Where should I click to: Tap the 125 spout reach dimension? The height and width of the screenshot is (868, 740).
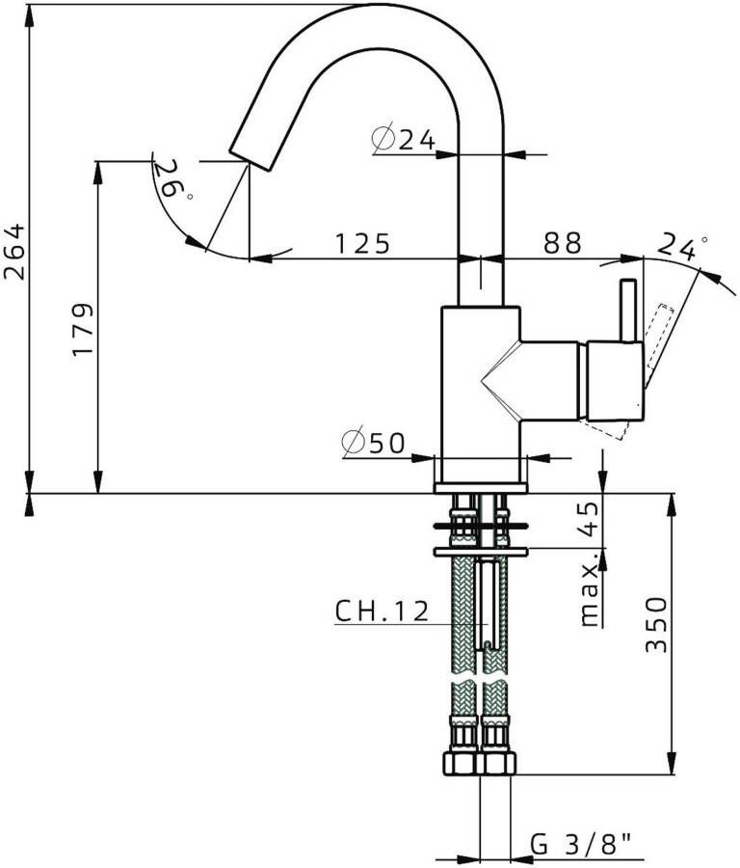[362, 243]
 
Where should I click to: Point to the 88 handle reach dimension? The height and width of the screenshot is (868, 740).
[563, 243]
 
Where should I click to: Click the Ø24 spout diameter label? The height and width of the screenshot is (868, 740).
[403, 140]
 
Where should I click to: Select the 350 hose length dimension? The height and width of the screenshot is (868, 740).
[656, 624]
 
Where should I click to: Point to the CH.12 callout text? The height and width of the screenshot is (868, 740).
[382, 610]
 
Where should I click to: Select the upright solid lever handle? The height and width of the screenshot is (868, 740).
[628, 311]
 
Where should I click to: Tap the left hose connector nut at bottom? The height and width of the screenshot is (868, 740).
[463, 761]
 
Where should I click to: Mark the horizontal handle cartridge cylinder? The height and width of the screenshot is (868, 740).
[615, 381]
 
